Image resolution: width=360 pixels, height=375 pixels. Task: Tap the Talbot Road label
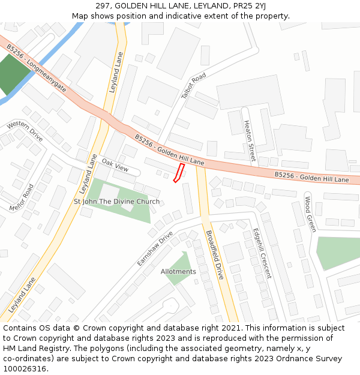(x=193, y=86)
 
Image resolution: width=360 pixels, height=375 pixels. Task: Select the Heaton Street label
(x=249, y=140)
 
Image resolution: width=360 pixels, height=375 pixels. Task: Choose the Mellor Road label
(x=22, y=198)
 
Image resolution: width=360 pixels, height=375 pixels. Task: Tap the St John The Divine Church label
(x=116, y=202)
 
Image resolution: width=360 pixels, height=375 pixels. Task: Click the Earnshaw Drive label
(x=155, y=248)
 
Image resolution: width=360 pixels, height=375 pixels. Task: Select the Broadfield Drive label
(x=214, y=255)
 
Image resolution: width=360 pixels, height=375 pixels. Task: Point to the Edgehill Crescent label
(x=262, y=253)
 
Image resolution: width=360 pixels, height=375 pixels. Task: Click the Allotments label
(x=178, y=271)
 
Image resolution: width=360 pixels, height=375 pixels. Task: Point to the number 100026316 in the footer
(x=23, y=368)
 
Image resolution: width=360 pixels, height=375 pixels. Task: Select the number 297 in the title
(x=103, y=5)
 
